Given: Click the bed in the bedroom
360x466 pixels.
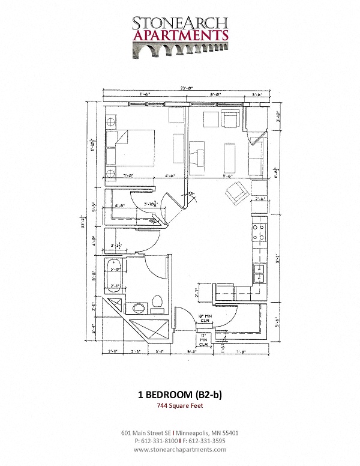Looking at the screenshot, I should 129,147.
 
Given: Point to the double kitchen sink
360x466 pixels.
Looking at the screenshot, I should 259,273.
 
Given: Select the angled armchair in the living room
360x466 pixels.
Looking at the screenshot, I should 235,192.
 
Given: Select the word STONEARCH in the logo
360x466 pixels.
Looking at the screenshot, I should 180,22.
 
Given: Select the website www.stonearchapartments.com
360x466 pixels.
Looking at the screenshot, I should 180,449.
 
